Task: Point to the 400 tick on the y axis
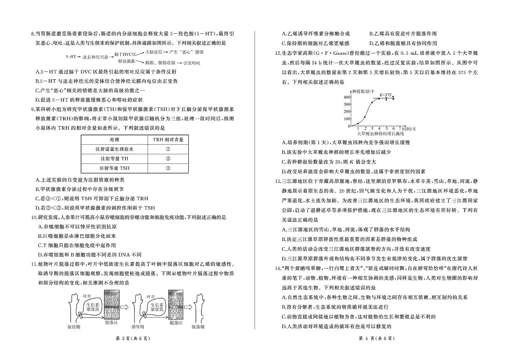(347, 97)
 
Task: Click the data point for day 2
(365, 117)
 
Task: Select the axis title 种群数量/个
(364, 91)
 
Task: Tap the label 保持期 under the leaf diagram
(74, 327)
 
